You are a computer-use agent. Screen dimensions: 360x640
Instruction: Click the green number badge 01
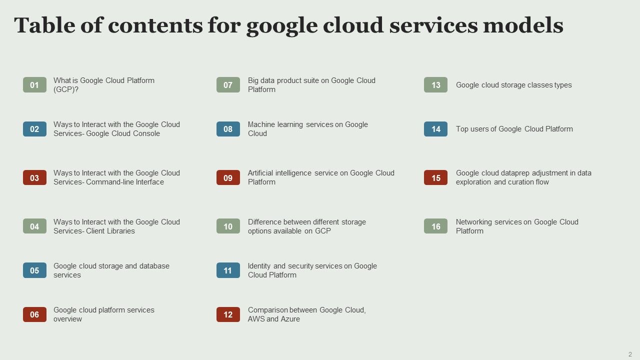[34, 85]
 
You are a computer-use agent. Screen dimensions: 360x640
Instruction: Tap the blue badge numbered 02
[34, 129]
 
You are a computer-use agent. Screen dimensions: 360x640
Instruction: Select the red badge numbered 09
[228, 177]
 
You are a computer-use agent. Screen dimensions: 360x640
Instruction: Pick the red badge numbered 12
[228, 314]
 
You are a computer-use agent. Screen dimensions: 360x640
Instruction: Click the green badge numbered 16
[435, 226]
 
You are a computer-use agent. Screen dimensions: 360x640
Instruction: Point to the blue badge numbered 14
[435, 129]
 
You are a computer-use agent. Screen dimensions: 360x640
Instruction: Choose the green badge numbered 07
[228, 85]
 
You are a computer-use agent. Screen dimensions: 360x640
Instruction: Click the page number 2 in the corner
[630, 354]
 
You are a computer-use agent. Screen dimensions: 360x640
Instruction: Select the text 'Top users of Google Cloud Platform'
[514, 129]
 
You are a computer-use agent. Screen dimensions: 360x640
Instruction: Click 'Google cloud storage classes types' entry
[513, 85]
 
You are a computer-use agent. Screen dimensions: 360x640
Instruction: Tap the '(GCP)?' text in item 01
[66, 89]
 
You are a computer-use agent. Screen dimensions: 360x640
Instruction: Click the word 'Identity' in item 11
[259, 266]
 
